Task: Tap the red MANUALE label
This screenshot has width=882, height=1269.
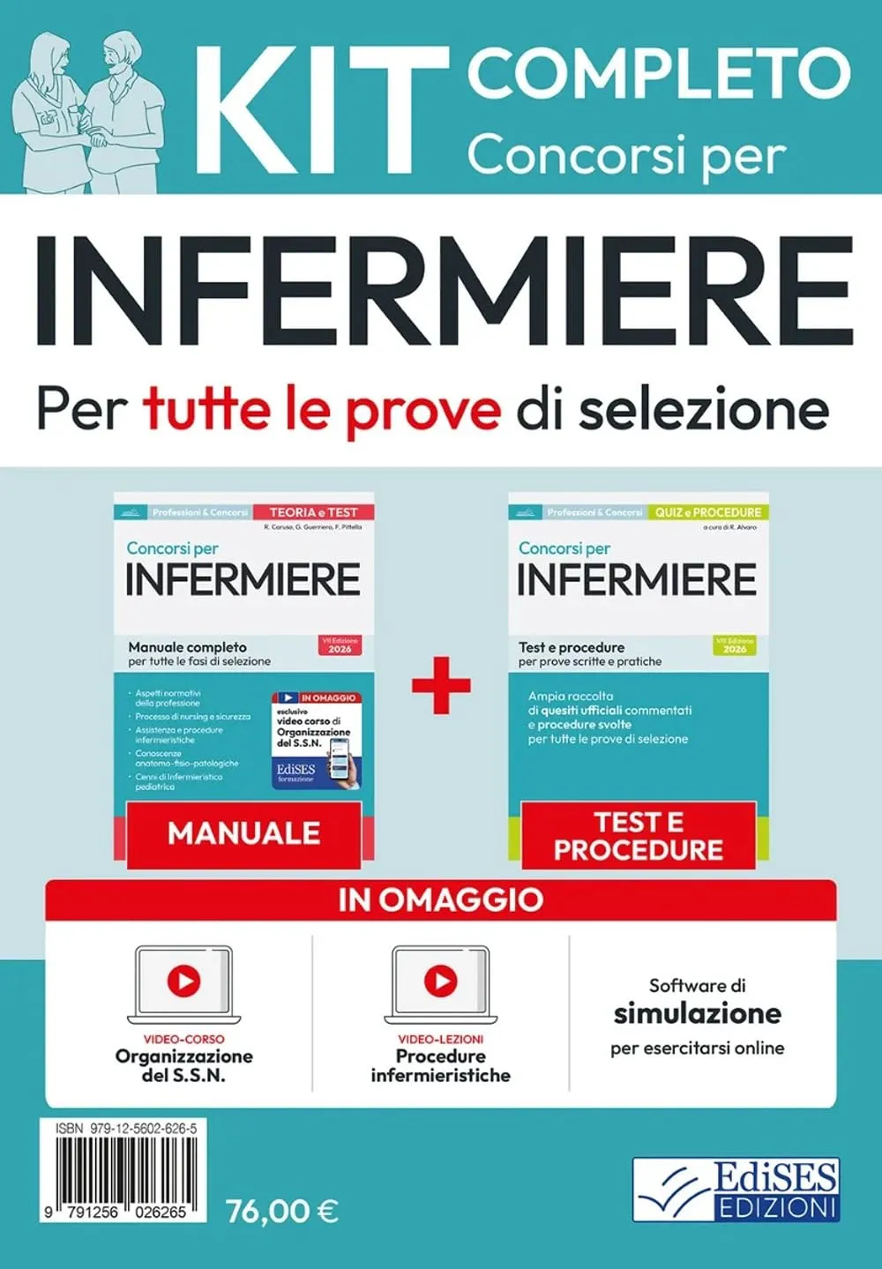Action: pos(243,833)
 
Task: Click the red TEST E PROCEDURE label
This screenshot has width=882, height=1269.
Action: pos(638,835)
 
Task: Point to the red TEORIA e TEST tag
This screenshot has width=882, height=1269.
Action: pos(313,511)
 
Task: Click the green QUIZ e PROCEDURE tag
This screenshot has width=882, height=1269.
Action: pos(707,511)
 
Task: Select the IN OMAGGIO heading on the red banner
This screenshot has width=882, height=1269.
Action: pos(440,899)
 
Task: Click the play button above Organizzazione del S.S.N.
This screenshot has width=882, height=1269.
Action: pos(183,980)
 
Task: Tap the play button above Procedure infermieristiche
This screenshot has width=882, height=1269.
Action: pos(440,980)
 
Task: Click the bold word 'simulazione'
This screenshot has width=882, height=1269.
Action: pos(697,1013)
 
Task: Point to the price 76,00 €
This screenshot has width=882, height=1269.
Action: pos(282,1211)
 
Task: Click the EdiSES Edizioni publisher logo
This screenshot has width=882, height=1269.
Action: pos(736,1190)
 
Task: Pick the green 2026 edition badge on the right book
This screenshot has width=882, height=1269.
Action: pos(734,645)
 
